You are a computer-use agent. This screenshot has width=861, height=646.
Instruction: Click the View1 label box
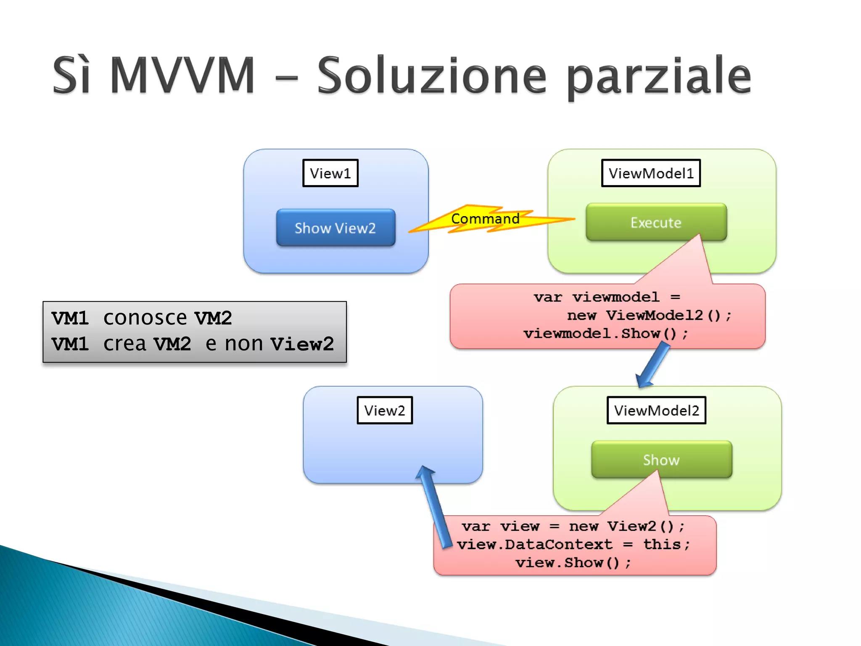click(x=330, y=173)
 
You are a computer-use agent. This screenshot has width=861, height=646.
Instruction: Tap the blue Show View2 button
click(x=335, y=228)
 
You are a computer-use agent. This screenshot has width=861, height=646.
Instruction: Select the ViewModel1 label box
click(x=650, y=173)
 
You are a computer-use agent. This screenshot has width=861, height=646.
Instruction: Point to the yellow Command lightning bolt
click(x=485, y=219)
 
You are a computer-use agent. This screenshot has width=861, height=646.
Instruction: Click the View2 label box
click(x=384, y=410)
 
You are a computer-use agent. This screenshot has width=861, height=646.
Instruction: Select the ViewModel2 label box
click(x=656, y=410)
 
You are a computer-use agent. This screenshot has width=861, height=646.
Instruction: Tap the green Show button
click(x=661, y=459)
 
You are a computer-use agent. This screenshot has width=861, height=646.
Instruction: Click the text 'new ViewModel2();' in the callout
click(x=649, y=315)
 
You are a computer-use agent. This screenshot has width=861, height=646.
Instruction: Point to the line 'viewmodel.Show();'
click(x=605, y=334)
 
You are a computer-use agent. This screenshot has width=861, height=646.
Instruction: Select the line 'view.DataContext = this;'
click(x=573, y=544)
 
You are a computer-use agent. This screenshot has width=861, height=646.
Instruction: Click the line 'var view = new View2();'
click(x=573, y=526)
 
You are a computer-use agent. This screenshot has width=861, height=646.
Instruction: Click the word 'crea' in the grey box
click(x=124, y=344)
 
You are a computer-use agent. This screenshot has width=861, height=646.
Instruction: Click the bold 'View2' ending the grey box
click(x=302, y=344)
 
